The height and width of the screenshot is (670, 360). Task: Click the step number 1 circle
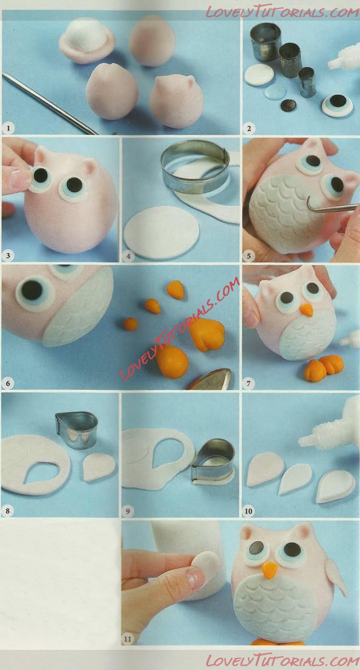pos(8,129)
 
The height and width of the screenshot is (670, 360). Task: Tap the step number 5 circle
pos(249,256)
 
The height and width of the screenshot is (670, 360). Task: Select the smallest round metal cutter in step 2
pos(307,82)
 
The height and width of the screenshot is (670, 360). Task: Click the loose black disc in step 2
pos(288,104)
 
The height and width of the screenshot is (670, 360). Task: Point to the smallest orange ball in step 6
pos(131,324)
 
